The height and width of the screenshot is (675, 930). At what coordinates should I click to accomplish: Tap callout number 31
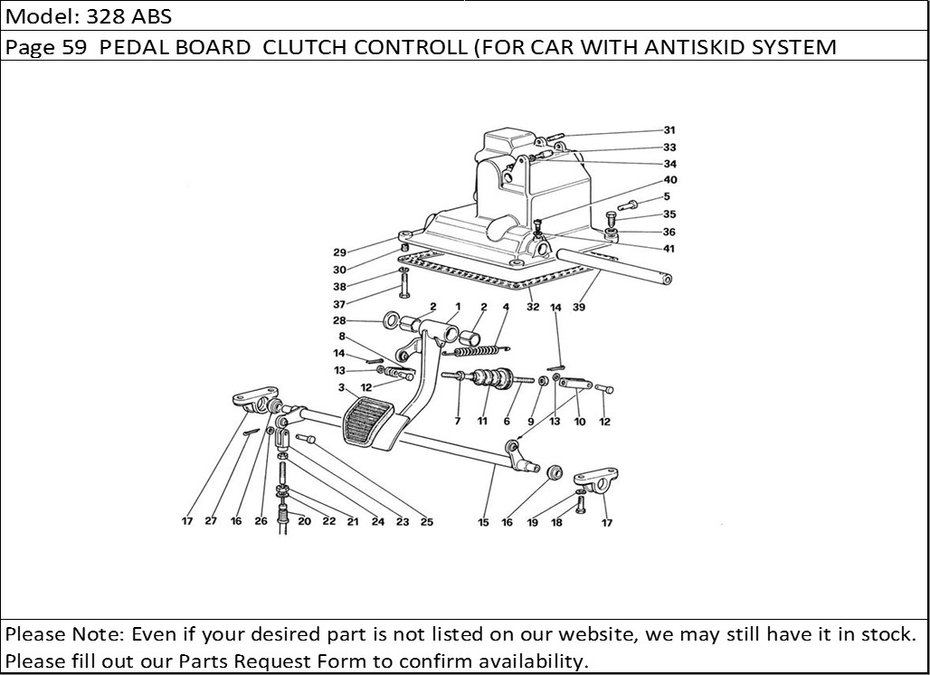[x=669, y=129]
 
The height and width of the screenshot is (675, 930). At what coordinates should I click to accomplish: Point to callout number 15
[x=483, y=522]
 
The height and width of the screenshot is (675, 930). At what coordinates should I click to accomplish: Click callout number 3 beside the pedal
[x=342, y=388]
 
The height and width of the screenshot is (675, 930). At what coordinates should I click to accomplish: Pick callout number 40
[x=669, y=180]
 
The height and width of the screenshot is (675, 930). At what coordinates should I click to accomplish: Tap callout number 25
[x=426, y=522]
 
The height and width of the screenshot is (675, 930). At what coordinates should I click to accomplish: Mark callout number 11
[x=482, y=422]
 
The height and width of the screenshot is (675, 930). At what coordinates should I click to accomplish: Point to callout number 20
[x=304, y=522]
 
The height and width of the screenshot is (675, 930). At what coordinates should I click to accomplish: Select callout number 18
[x=557, y=522]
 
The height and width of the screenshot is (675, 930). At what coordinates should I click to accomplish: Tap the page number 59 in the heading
[x=73, y=47]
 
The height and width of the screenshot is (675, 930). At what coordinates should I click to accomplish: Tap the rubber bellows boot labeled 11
[x=493, y=378]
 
